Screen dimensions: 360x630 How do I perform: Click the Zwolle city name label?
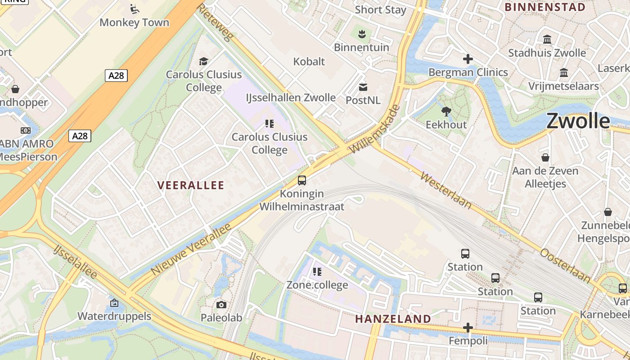tap(578, 121)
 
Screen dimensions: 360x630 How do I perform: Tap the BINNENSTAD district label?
tap(545, 7)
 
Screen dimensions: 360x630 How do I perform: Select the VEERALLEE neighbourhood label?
tap(191, 185)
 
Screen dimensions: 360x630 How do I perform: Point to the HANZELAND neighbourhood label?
tap(393, 319)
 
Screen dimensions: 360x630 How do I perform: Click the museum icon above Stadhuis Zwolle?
tap(547, 40)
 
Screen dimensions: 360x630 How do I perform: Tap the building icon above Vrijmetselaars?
tap(563, 73)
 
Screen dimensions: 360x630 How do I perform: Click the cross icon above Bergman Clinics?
tap(468, 59)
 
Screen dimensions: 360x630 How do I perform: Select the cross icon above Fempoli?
tap(468, 328)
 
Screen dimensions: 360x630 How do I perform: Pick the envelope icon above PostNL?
tap(363, 87)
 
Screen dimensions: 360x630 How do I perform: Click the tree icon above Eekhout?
tap(446, 111)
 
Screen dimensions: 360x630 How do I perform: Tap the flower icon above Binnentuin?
tap(361, 34)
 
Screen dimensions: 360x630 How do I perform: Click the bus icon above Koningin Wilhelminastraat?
tap(302, 180)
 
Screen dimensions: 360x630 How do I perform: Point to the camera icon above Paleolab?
tap(221, 305)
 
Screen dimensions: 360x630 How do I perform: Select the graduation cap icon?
tap(204, 61)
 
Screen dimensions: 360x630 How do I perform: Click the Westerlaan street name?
tap(446, 189)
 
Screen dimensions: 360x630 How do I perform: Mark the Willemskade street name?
tap(375, 129)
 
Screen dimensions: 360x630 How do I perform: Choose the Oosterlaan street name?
tap(565, 265)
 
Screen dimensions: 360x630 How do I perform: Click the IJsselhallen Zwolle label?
tap(291, 98)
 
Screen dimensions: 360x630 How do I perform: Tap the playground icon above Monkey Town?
tap(134, 9)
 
